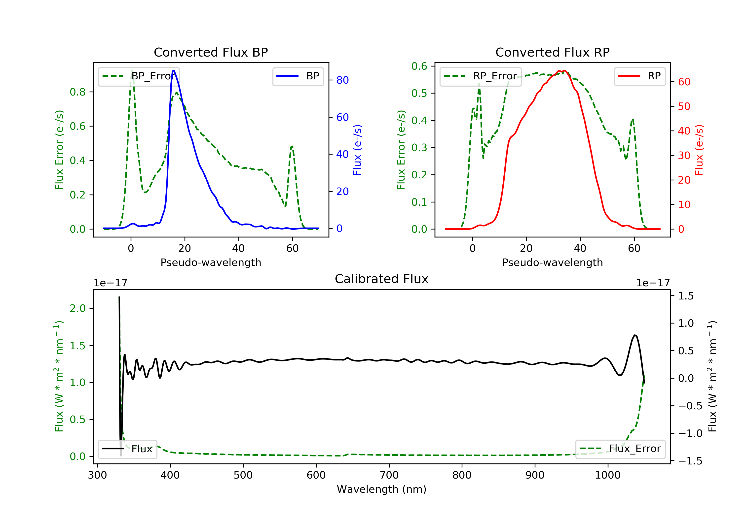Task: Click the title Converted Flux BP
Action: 211,52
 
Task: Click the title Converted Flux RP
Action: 552,52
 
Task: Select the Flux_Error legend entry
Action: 620,449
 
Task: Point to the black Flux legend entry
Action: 128,449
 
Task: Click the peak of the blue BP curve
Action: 174,70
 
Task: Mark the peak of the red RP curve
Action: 565,70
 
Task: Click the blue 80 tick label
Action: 342,80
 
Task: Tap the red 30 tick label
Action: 684,156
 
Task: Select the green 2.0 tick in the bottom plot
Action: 77,308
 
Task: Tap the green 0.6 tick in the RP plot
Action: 419,66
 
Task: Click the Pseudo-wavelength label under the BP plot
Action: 211,262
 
